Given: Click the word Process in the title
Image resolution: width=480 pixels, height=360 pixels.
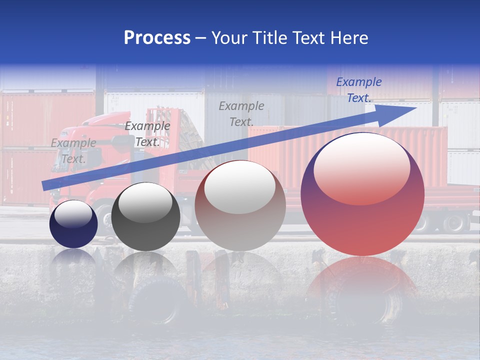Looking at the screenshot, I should coord(157,37).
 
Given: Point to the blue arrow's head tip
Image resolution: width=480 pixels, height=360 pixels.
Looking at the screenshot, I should coord(415,108).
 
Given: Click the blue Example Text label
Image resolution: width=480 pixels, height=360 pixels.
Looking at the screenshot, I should coord(358,90).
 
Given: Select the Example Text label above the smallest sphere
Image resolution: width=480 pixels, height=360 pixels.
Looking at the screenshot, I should coord(73,151).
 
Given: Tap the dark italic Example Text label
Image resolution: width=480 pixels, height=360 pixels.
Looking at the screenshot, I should coord(147,134).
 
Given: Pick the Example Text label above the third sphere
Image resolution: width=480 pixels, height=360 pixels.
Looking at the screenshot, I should coord(241,113).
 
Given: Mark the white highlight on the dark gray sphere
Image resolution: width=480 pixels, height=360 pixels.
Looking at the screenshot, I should coord(145,202).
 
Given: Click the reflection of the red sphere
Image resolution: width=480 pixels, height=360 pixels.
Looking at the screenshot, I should coord(361,285).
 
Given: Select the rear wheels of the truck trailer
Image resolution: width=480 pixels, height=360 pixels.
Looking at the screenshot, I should coord(450,222).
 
